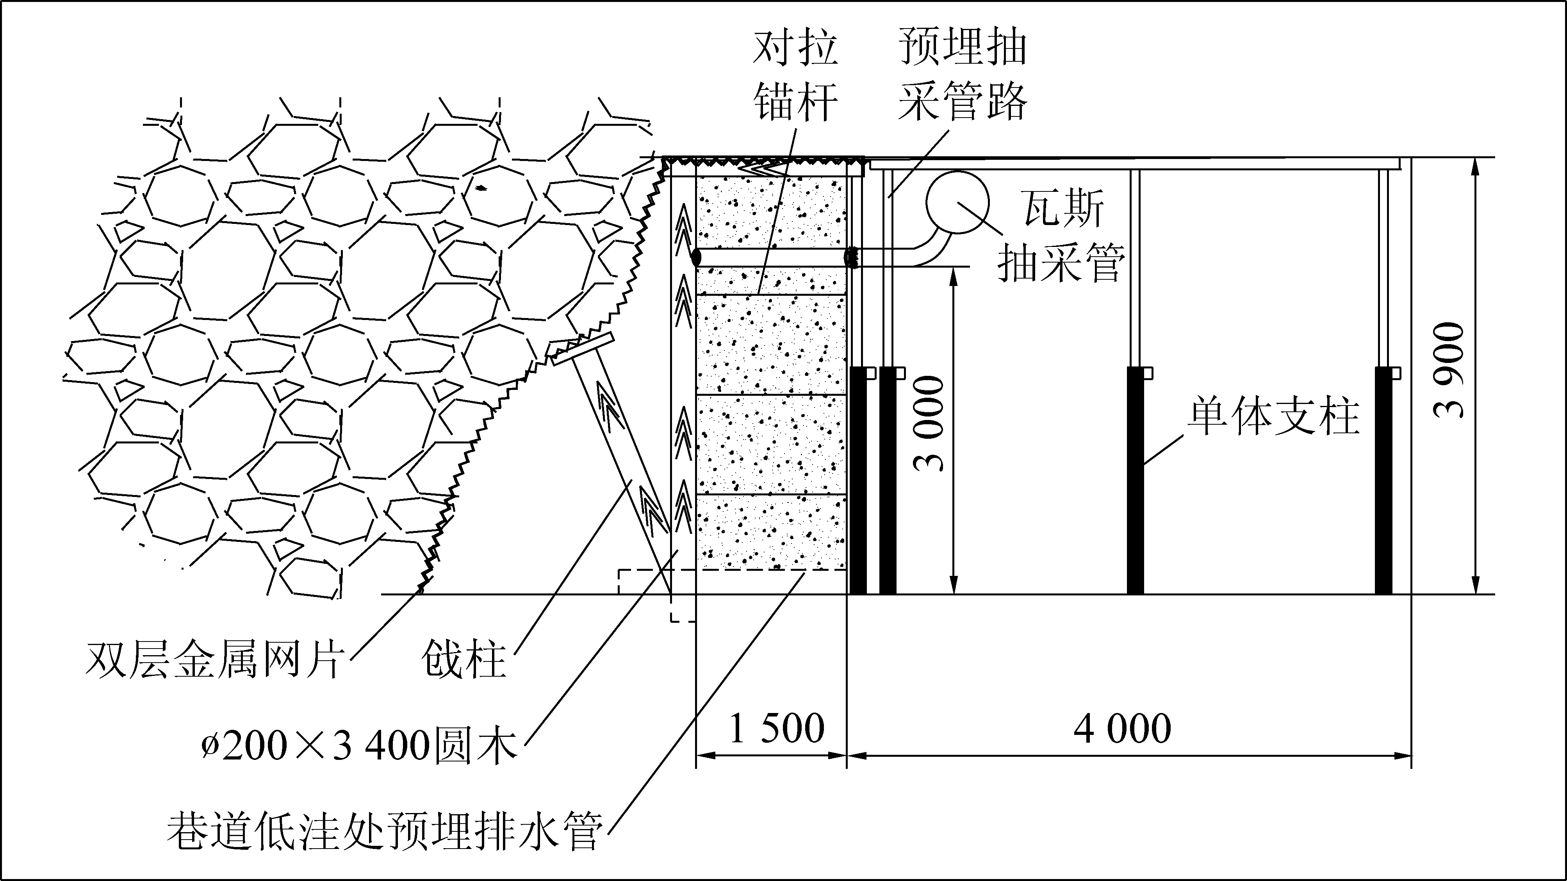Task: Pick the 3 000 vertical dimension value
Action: [x=929, y=424]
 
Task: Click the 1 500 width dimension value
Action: [x=776, y=728]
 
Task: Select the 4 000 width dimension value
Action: [x=1122, y=728]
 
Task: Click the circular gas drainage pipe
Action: [x=957, y=202]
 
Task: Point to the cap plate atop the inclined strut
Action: [x=582, y=349]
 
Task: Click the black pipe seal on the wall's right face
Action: [x=851, y=257]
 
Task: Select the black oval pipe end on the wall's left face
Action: [x=695, y=257]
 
